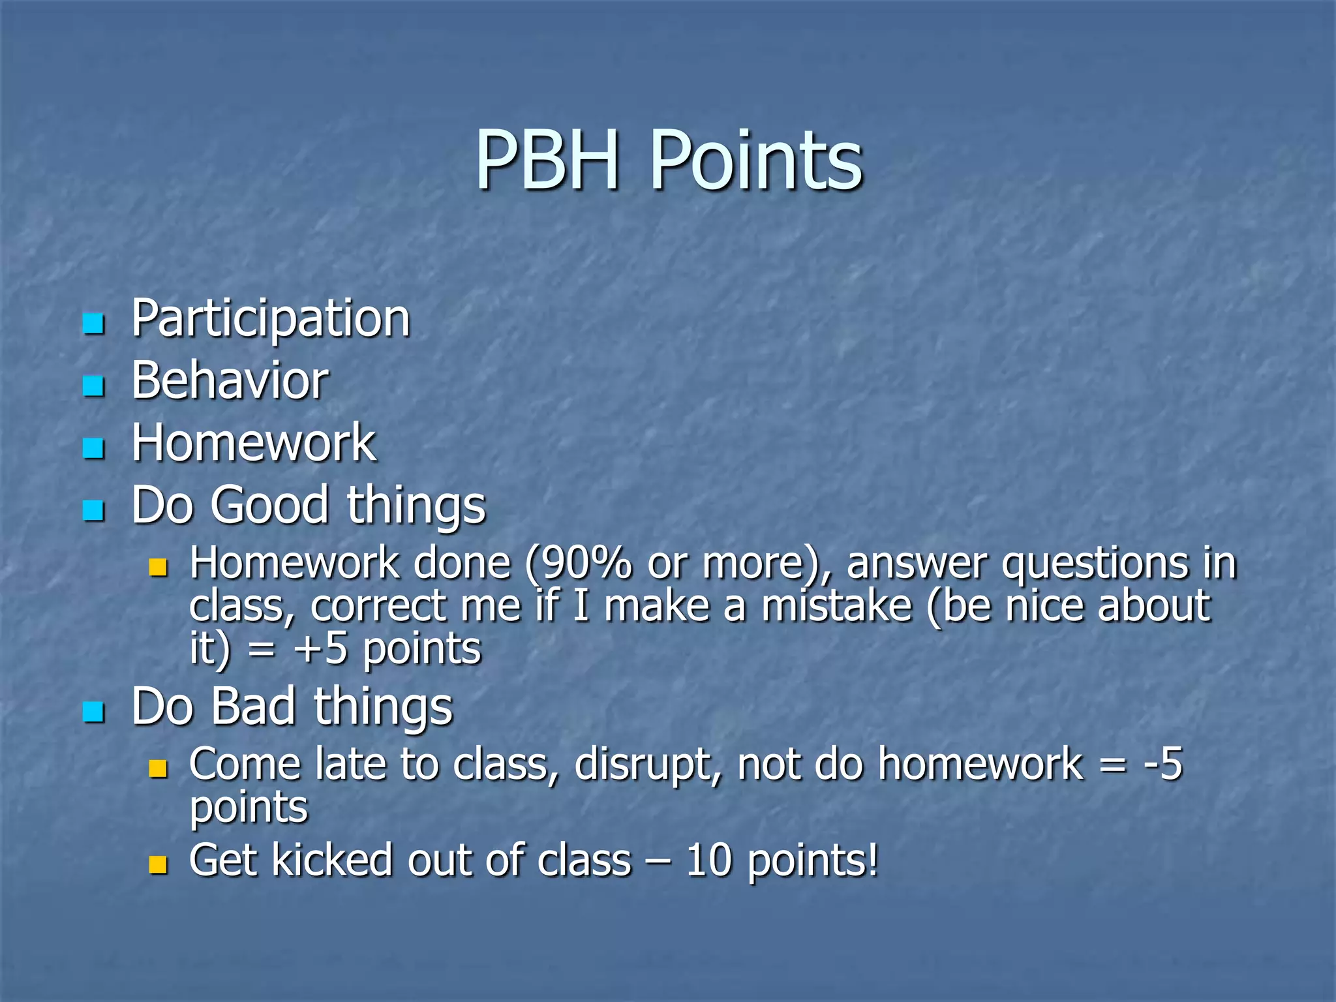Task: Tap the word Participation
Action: coord(271,320)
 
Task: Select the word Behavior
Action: coord(230,381)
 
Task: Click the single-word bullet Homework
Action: coord(253,443)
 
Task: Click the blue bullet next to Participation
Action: coord(94,323)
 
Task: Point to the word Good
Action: coord(269,505)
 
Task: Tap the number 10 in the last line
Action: coord(708,860)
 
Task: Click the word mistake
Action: coord(837,607)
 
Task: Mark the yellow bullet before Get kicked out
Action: coord(158,865)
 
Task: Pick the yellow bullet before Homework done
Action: coord(158,567)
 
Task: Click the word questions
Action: coord(1095,564)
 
